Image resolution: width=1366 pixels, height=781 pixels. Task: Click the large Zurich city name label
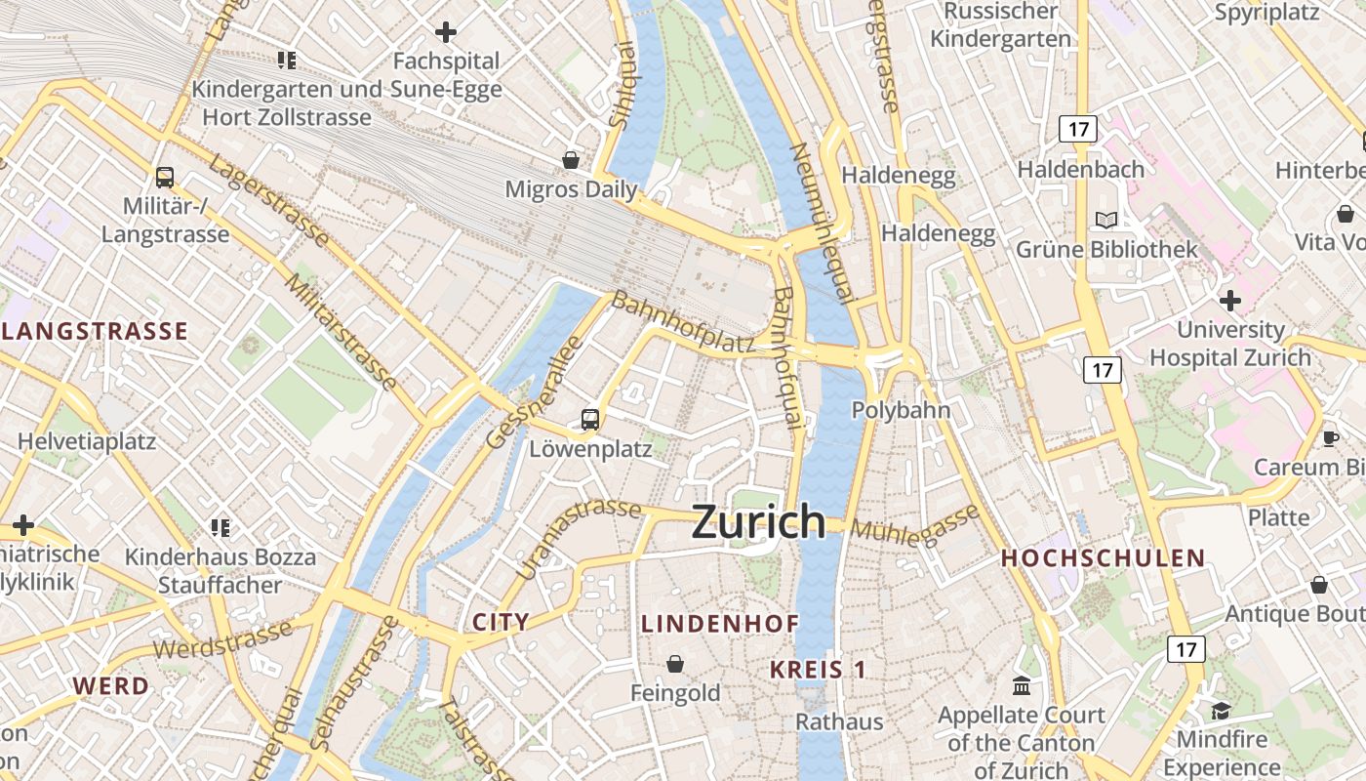(758, 522)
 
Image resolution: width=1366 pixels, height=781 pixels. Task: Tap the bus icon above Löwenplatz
(590, 420)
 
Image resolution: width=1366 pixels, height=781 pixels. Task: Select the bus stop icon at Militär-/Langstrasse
(165, 178)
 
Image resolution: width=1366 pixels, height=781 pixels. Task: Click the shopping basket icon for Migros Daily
(571, 159)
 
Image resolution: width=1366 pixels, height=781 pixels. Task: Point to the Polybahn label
(901, 410)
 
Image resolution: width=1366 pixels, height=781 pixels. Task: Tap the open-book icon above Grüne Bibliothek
(1106, 220)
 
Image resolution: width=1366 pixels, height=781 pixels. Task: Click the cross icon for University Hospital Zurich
(1230, 300)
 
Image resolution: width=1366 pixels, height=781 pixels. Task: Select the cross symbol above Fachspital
(446, 32)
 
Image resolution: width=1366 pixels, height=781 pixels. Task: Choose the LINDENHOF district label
(720, 624)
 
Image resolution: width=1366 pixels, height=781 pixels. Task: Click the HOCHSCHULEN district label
(1104, 558)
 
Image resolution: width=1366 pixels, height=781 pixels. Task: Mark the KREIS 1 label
(818, 670)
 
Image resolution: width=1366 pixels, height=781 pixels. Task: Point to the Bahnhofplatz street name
(683, 323)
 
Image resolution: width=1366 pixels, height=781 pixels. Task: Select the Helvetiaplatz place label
(87, 441)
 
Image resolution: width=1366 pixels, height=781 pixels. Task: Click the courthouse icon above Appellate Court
(1022, 685)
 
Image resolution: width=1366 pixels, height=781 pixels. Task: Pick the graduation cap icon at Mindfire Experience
(1221, 710)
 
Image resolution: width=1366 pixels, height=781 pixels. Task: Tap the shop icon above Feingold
(674, 665)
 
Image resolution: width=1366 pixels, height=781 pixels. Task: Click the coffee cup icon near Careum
(1330, 438)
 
